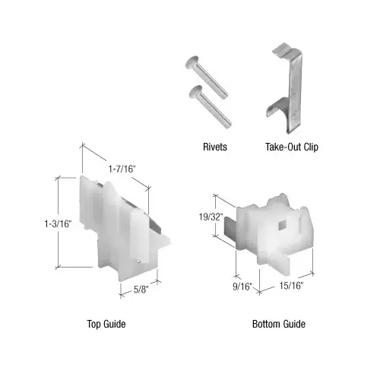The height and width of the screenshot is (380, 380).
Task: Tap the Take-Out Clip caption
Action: tap(292, 147)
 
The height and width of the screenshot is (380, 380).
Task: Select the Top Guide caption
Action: tap(106, 325)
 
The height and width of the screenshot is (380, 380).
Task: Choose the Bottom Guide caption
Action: tap(279, 325)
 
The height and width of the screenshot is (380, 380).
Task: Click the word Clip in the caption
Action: tap(309, 147)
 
